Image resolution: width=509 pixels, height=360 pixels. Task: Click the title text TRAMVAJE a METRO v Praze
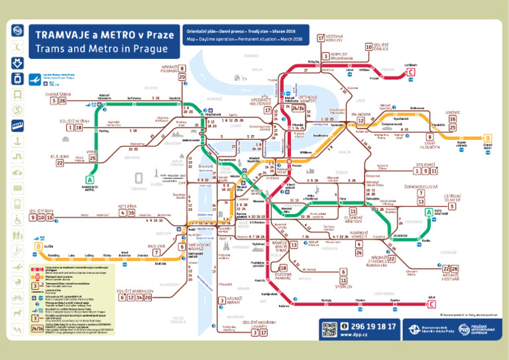point(105,34)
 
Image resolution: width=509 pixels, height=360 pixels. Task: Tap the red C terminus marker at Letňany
point(412,72)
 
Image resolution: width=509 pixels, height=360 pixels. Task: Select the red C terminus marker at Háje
point(432,305)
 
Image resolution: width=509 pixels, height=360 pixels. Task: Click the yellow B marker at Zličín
point(38,247)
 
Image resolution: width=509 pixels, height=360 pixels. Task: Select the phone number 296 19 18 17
point(368,326)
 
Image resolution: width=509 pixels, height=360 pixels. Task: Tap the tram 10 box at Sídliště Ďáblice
point(368,47)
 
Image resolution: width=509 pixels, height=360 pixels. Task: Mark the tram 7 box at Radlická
point(156,253)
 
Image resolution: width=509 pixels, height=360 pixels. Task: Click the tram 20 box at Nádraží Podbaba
point(182,77)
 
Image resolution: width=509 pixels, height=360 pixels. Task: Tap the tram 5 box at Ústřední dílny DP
point(451,206)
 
